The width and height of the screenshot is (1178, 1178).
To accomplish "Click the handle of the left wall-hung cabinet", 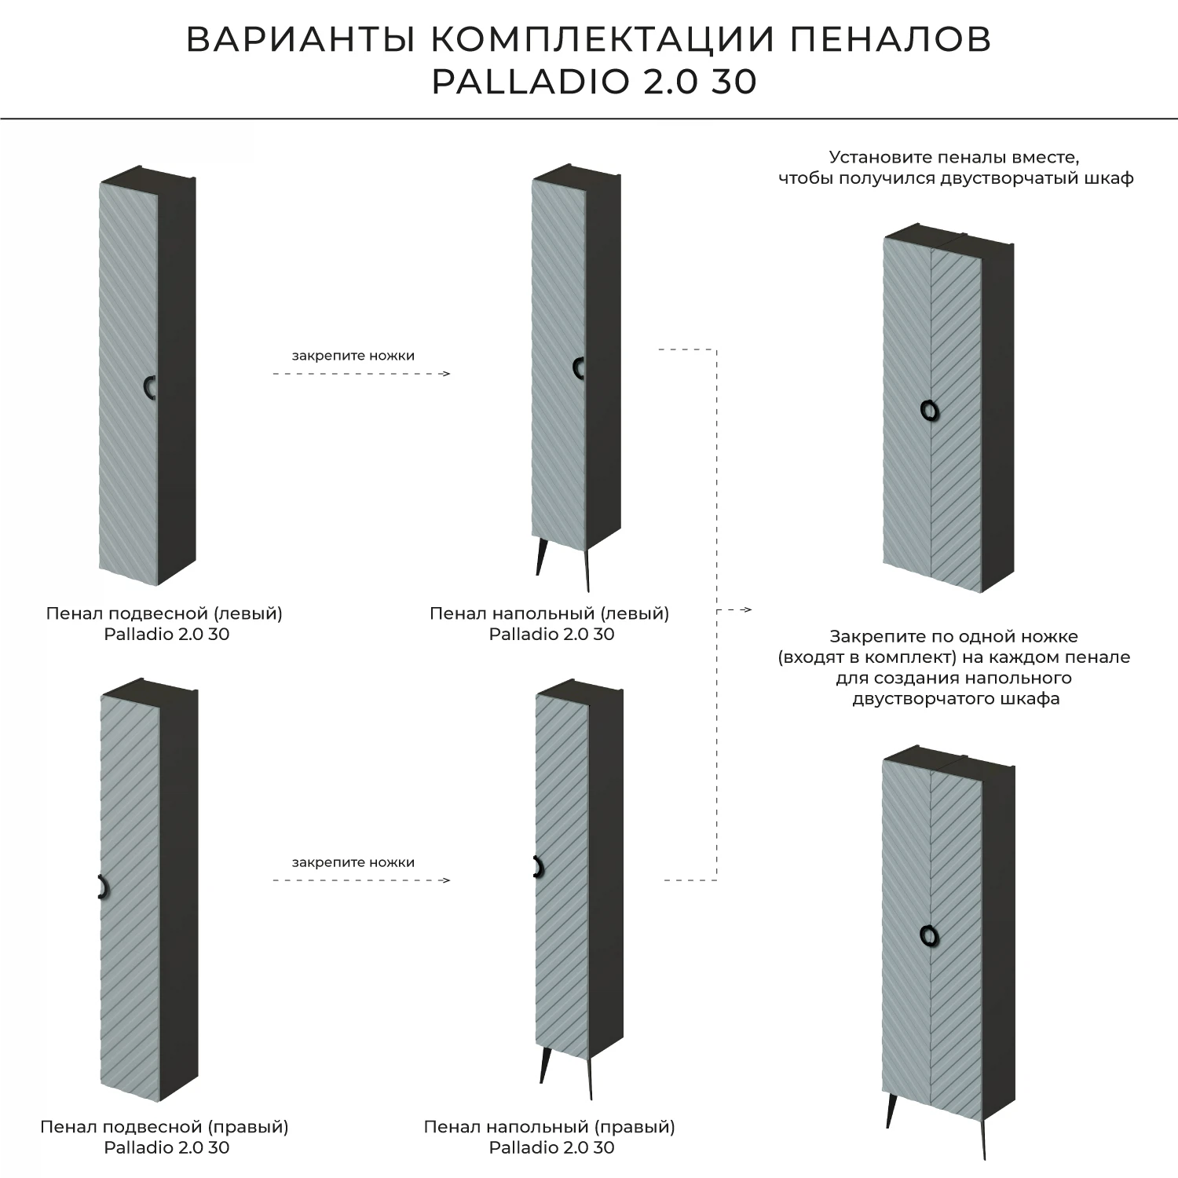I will (149, 388).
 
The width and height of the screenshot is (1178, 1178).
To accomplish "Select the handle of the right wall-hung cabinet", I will (101, 886).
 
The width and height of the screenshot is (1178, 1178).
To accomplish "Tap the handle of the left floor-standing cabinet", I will (578, 368).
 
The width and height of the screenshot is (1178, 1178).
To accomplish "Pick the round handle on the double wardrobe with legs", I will (929, 935).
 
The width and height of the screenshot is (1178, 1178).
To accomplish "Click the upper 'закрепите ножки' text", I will (353, 356).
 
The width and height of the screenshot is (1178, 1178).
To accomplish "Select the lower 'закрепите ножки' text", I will (353, 862).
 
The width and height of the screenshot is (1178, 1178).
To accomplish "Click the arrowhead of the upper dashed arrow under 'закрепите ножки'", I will (446, 374).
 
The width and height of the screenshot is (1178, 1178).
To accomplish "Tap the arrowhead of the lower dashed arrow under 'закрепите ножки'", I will (446, 880).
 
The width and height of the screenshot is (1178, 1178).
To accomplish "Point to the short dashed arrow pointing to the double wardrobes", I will (738, 609).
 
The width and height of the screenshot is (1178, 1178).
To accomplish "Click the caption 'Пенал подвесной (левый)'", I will (164, 613).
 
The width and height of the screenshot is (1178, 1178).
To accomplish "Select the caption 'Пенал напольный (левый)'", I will (549, 613).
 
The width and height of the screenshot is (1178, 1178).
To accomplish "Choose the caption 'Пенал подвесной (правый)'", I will (164, 1127).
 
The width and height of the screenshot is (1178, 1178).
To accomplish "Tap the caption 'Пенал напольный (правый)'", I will (549, 1127).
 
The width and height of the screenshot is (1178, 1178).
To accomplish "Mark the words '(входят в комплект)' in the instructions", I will (866, 657).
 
